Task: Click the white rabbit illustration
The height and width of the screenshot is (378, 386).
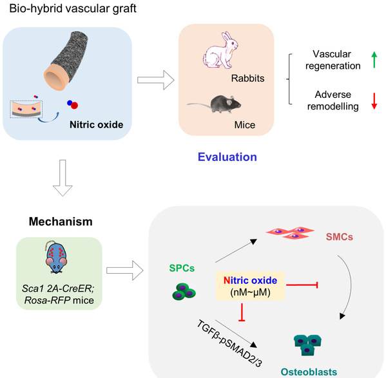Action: click(x=220, y=50)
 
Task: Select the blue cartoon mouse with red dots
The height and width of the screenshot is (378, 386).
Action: click(x=56, y=257)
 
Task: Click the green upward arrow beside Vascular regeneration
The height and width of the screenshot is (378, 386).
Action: click(x=374, y=60)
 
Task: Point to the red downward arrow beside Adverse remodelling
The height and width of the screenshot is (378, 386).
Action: click(x=374, y=101)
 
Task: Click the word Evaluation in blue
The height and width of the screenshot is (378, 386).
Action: click(x=227, y=157)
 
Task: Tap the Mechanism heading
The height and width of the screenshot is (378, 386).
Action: click(x=61, y=222)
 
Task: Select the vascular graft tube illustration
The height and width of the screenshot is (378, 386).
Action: click(x=66, y=61)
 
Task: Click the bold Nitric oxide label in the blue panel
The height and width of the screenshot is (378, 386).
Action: click(x=96, y=125)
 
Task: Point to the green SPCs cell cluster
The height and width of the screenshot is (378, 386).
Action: click(x=184, y=292)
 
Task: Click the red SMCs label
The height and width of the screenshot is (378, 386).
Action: click(x=340, y=237)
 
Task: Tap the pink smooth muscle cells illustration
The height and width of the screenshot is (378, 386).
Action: click(x=290, y=232)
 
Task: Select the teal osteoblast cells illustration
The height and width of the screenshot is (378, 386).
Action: click(x=307, y=345)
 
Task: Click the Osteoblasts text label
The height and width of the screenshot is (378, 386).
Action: click(x=309, y=372)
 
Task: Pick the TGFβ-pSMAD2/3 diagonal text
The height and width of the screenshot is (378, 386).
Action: click(x=229, y=344)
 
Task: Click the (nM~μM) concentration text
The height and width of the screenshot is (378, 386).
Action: click(x=250, y=292)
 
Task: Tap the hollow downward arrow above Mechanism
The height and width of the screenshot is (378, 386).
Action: click(x=63, y=178)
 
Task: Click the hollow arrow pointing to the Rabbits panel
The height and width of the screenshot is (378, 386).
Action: click(x=156, y=80)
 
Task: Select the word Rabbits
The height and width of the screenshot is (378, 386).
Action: click(x=247, y=78)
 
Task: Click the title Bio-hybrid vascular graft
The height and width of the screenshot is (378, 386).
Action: click(x=73, y=8)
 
